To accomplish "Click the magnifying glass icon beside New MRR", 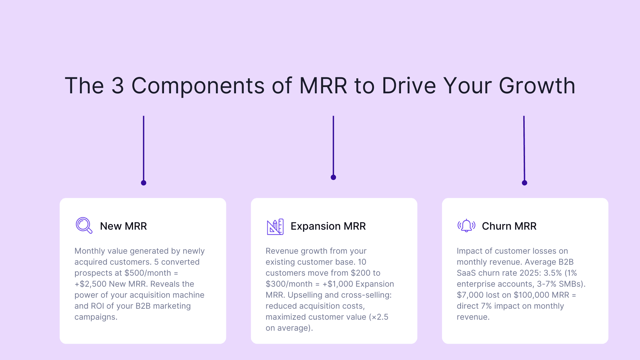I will pyautogui.click(x=84, y=226).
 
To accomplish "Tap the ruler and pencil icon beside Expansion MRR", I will pyautogui.click(x=275, y=227).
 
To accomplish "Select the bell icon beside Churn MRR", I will pyautogui.click(x=466, y=226).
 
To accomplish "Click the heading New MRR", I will pyautogui.click(x=123, y=226).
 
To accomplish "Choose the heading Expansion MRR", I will pyautogui.click(x=328, y=226).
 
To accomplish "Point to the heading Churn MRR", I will pyautogui.click(x=509, y=226).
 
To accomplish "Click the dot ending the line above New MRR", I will pyautogui.click(x=144, y=183).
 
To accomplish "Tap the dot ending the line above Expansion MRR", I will pyautogui.click(x=333, y=177).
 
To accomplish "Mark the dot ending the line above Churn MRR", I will pyautogui.click(x=524, y=183).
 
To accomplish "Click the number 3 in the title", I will pyautogui.click(x=118, y=86).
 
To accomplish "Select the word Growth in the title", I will pyautogui.click(x=537, y=86).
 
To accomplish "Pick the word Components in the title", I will pyautogui.click(x=198, y=86).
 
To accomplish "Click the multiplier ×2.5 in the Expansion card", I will pyautogui.click(x=380, y=317).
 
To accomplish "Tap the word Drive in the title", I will pyautogui.click(x=409, y=86).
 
